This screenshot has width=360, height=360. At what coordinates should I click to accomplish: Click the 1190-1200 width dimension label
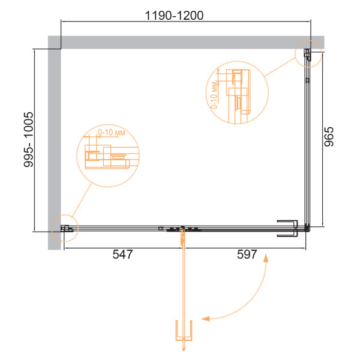click(174, 16)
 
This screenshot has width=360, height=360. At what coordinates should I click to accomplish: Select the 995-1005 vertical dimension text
click(29, 139)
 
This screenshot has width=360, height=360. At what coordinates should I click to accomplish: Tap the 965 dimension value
click(329, 137)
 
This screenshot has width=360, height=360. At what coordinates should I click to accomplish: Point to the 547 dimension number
click(122, 254)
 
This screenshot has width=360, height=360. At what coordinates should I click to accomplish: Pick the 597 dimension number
click(247, 254)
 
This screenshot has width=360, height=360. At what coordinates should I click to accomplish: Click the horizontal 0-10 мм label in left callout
click(112, 133)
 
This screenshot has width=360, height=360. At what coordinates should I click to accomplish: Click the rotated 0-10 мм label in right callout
click(214, 95)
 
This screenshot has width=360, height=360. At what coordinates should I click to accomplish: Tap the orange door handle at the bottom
click(184, 331)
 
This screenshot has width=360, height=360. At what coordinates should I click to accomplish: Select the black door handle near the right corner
click(287, 228)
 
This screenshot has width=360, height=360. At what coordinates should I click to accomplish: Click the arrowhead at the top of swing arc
click(266, 258)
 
